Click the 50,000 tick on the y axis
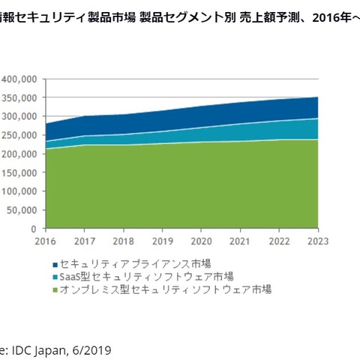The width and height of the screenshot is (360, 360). [21, 210]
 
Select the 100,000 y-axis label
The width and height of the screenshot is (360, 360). [19, 191]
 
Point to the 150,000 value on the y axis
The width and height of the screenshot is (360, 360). [19, 172]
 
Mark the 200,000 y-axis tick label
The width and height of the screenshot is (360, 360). [19, 154]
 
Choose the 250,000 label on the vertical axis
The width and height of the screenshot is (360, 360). [19, 135]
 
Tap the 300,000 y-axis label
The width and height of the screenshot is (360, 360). [19, 116]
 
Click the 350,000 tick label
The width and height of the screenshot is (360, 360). [19, 97]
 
